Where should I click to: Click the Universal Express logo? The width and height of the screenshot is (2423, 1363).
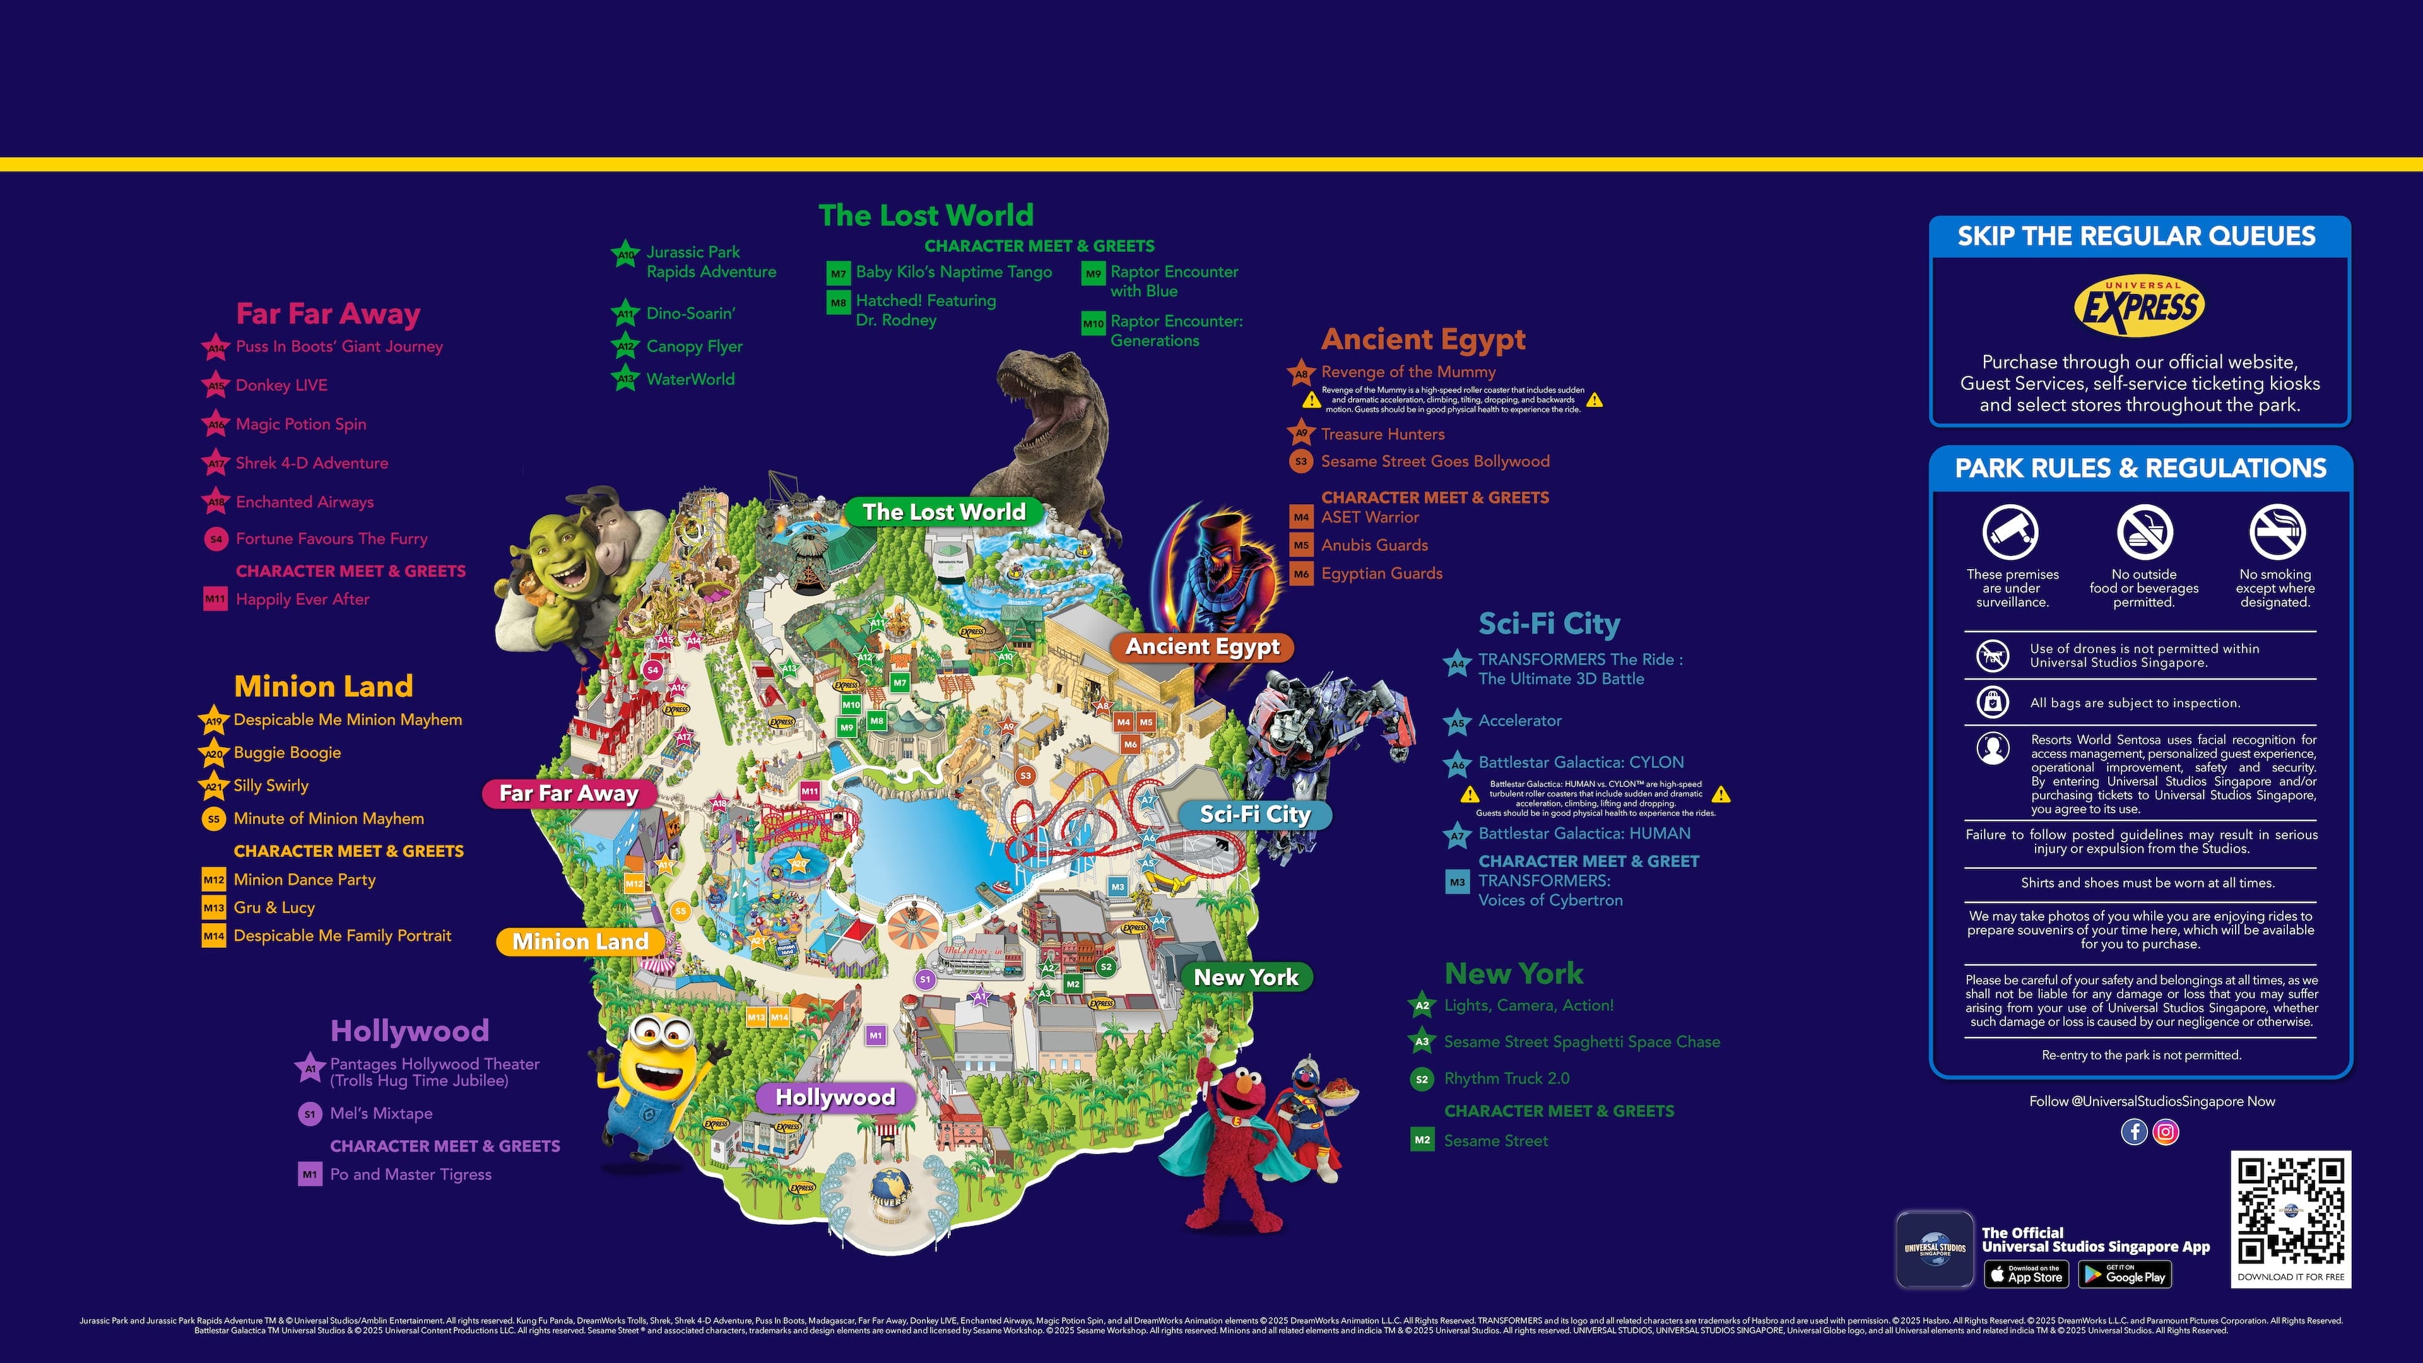pos(2139,305)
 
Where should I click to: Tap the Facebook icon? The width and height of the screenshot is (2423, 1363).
pos(2133,1131)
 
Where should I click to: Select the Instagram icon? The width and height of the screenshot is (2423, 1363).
pos(2166,1131)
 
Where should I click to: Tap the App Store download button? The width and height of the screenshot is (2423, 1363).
pos(2026,1275)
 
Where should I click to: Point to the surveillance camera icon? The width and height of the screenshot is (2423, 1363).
pos(2010,531)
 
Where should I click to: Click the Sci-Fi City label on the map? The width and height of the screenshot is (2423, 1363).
pos(1255,815)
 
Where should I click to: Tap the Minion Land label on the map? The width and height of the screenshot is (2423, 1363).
pos(581,941)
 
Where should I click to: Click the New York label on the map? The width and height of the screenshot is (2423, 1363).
pos(1246,977)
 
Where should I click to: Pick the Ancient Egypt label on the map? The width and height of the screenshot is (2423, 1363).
pos(1202,647)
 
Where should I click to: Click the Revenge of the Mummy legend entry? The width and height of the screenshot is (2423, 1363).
pos(1407,372)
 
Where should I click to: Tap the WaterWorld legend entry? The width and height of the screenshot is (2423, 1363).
pos(690,379)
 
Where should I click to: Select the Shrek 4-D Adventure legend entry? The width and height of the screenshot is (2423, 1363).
pos(311,463)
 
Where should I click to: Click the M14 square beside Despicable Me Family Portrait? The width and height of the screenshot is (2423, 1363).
pos(213,936)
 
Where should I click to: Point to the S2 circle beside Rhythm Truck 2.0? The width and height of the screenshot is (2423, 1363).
pos(1421,1079)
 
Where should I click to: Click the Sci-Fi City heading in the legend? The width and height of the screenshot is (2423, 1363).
pos(1548,623)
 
